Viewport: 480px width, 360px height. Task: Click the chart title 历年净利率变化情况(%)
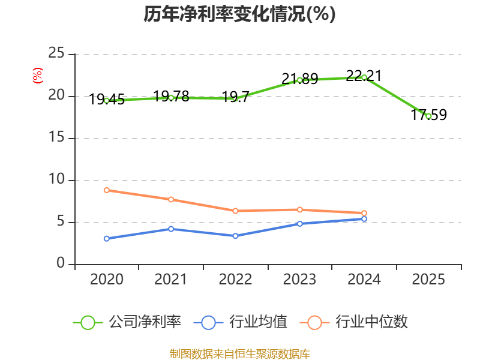239,14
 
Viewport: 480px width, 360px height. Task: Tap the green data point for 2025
428,116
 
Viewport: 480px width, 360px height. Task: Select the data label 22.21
364,76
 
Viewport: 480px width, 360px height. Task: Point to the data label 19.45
107,100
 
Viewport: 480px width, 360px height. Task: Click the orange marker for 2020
107,190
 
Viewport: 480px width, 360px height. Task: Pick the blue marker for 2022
235,236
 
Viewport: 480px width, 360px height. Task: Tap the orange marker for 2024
364,213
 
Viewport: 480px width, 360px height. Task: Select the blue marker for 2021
171,229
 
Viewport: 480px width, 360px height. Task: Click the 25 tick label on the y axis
56,53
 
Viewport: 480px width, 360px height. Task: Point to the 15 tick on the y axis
56,137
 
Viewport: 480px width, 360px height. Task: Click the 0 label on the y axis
61,263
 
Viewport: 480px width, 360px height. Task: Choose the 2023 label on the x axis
299,279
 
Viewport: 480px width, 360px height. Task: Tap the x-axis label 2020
107,279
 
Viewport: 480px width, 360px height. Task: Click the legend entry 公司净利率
127,322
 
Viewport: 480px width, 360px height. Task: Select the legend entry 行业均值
241,322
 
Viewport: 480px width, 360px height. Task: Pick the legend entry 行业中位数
354,322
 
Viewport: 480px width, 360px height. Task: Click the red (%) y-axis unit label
38,76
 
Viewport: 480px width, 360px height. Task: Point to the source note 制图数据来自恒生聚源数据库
240,354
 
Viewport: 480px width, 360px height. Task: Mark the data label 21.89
299,79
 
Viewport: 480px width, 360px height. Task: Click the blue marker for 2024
364,219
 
